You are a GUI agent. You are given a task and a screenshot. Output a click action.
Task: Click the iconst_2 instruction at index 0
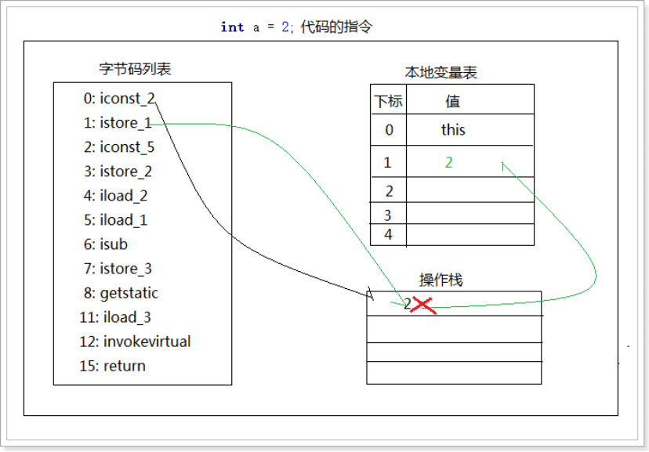[x=119, y=99]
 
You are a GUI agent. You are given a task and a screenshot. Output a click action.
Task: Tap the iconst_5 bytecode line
[x=119, y=147]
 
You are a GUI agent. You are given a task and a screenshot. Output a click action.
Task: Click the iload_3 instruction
[x=118, y=317]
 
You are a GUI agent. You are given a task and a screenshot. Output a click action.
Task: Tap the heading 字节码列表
[x=135, y=69]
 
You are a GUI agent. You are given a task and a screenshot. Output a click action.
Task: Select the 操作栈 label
[x=441, y=280]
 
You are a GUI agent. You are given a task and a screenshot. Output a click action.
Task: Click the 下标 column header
[x=388, y=101]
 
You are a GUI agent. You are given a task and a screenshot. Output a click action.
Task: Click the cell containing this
[x=453, y=130]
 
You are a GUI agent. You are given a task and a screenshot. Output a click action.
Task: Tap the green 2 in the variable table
[x=449, y=162]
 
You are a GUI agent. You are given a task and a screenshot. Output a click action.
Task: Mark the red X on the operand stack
[x=423, y=305]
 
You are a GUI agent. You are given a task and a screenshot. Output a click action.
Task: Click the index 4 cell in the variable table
[x=390, y=234]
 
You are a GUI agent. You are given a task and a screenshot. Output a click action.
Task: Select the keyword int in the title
[x=233, y=27]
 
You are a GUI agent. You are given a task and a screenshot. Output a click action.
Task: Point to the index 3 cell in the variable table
[x=390, y=214]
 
